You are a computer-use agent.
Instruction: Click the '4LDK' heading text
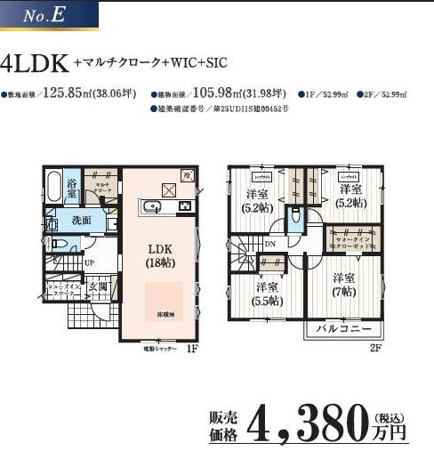click(x=36, y=64)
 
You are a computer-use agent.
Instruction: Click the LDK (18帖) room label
click(x=160, y=254)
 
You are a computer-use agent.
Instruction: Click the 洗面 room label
click(x=83, y=220)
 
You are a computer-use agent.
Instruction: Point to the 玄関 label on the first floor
click(x=98, y=286)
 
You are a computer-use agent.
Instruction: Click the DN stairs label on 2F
click(x=269, y=244)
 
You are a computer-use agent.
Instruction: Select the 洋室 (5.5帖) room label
click(x=265, y=294)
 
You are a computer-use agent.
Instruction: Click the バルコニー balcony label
click(x=341, y=331)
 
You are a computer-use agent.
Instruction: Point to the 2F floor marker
click(x=375, y=348)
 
